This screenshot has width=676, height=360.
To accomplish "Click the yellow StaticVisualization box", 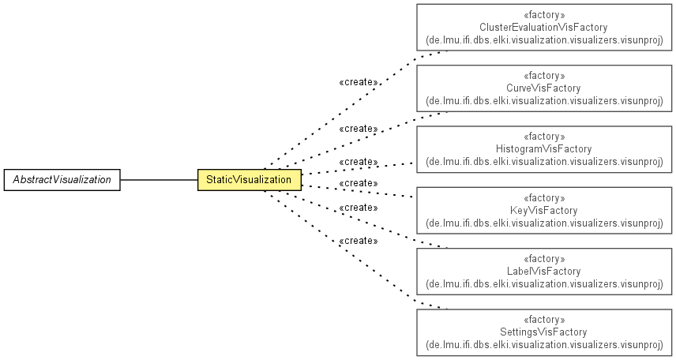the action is click(x=250, y=180).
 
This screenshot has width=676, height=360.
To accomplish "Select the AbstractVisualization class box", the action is click(x=62, y=180).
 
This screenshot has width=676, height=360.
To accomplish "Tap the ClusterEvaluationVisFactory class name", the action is click(x=543, y=27).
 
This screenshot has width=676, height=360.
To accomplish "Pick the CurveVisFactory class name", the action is click(x=543, y=88).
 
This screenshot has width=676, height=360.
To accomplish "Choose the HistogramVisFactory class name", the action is click(x=543, y=148).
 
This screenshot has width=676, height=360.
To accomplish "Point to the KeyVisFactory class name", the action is click(x=543, y=211).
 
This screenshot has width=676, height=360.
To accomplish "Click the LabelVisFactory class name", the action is click(x=543, y=272).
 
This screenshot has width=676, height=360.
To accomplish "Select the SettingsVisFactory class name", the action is click(x=543, y=332).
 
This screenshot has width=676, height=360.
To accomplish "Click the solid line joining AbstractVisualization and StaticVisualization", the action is click(x=159, y=180).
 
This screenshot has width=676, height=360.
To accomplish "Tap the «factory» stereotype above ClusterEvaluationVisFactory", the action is click(x=543, y=15).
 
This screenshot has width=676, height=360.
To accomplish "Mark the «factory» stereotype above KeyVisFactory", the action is click(x=543, y=198).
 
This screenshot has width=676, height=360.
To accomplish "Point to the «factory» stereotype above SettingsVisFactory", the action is click(x=543, y=320).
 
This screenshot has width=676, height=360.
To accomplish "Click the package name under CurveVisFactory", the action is click(x=544, y=100).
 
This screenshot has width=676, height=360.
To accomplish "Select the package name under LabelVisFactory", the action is click(x=544, y=283).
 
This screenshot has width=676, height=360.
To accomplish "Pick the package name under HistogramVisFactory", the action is click(x=544, y=161).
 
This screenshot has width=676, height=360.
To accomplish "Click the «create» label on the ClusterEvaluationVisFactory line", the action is click(x=359, y=82).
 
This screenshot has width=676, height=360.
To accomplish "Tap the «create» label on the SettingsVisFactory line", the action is click(x=359, y=241).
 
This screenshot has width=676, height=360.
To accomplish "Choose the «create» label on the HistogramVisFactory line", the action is click(x=359, y=162).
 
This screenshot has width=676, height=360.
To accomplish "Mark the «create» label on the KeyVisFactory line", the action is click(x=359, y=183).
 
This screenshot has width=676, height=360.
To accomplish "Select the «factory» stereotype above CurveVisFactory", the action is click(x=543, y=76).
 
